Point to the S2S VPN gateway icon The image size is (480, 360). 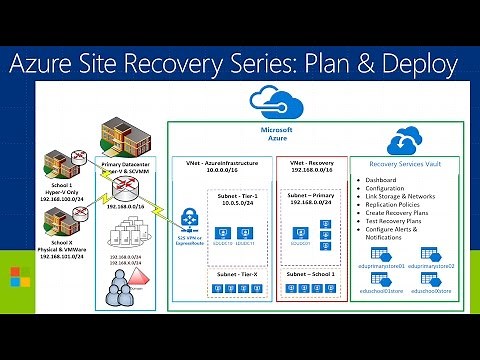click(187, 220)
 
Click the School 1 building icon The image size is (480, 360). click(53, 161)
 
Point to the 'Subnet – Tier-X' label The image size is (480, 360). click(238, 273)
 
